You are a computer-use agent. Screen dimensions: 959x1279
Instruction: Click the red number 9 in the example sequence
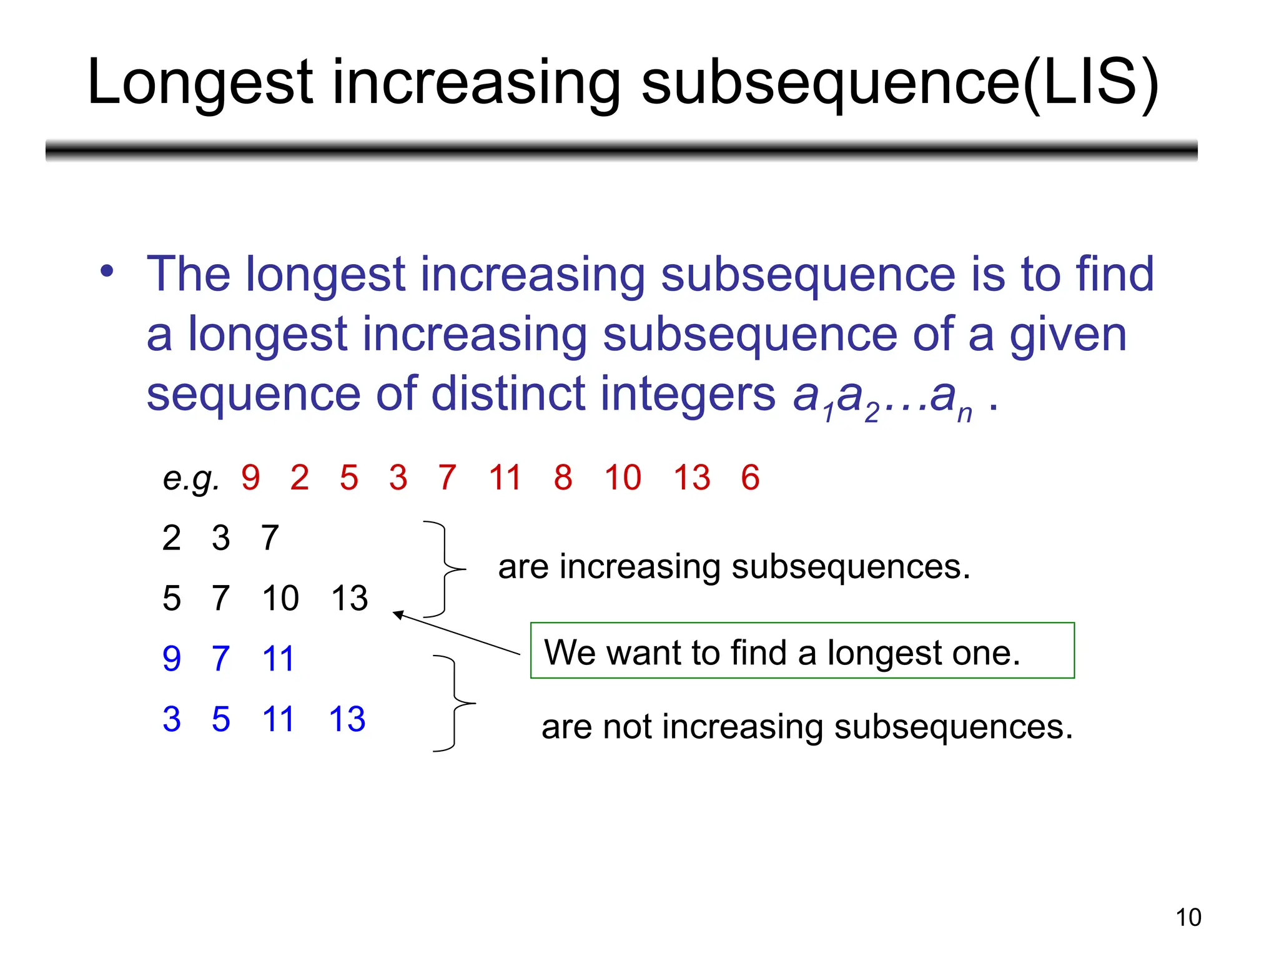click(250, 478)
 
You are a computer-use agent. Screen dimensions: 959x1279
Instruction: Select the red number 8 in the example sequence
click(563, 478)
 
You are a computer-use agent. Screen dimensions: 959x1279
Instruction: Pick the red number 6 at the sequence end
click(750, 478)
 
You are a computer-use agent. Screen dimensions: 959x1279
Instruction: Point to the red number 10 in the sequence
click(623, 478)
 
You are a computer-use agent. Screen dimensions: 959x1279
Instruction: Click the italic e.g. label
click(191, 479)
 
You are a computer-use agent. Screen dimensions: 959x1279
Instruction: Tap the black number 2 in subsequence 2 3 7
click(172, 538)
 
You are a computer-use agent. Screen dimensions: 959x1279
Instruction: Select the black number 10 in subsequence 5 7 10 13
click(280, 599)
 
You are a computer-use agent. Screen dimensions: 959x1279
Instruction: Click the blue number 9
click(172, 659)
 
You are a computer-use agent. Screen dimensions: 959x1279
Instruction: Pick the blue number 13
click(347, 720)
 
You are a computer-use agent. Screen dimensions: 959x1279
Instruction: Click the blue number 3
click(172, 720)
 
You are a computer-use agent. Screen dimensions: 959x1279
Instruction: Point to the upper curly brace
click(445, 569)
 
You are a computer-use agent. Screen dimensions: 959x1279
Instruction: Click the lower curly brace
click(455, 704)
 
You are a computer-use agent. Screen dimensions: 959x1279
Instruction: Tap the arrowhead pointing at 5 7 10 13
click(398, 615)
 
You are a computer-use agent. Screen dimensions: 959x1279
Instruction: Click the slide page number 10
click(1188, 918)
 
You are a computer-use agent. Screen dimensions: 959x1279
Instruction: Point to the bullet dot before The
click(107, 272)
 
